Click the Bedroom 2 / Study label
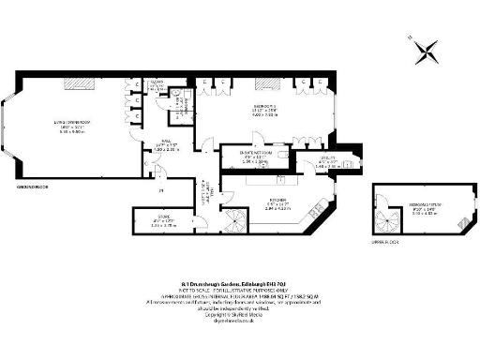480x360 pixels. point(427,209)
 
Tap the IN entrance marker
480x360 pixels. point(161,191)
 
